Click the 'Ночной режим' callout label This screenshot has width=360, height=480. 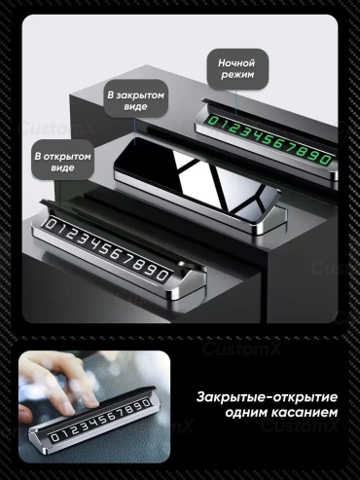(237, 69)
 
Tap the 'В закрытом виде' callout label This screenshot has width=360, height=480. (136, 100)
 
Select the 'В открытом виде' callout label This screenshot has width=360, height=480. (62, 162)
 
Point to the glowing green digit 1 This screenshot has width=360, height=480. (224, 125)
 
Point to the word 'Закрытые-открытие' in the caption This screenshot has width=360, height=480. (267, 397)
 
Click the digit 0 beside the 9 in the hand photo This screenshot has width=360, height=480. (146, 404)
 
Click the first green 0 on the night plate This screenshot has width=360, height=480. (213, 121)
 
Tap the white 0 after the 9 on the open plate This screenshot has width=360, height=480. (162, 275)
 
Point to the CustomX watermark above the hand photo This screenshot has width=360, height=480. (241, 350)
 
